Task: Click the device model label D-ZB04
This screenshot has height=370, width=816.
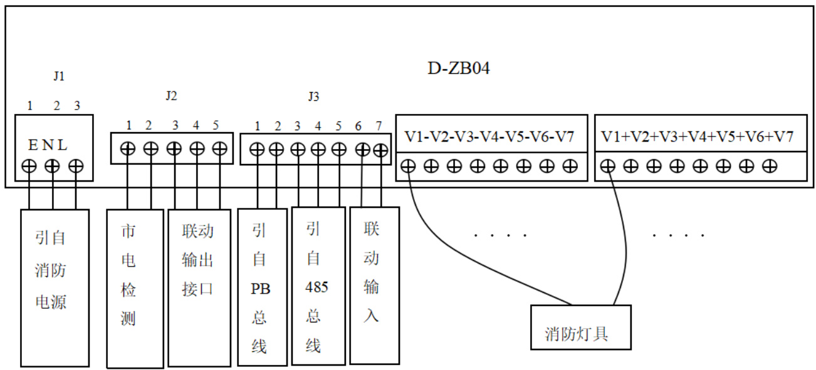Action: (458, 68)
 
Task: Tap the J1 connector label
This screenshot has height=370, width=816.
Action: (59, 76)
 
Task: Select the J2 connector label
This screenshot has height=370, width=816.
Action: (171, 96)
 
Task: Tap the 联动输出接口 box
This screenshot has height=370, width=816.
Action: (198, 287)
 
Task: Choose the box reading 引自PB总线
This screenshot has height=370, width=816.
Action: (261, 286)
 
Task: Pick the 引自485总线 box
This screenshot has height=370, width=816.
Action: (318, 286)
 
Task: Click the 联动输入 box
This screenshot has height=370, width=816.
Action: (374, 285)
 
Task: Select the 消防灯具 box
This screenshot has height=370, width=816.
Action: (580, 327)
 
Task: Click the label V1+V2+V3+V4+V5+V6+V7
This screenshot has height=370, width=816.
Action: (698, 136)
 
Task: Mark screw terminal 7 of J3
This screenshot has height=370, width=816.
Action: (380, 150)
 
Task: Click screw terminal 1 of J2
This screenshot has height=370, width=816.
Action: (128, 149)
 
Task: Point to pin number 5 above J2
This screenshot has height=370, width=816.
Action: (216, 125)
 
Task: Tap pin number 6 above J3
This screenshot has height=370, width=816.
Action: (358, 126)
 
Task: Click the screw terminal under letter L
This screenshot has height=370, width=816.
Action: (76, 166)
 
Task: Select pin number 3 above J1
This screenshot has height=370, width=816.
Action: (77, 106)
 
